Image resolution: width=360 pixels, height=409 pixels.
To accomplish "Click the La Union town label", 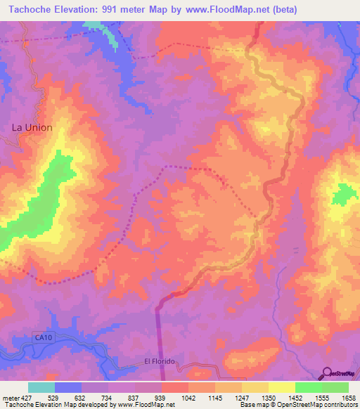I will pos(32,128).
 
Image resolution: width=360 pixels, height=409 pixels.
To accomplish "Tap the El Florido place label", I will pos(159,361).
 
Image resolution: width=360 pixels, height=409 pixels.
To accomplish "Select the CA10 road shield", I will pos(44,338).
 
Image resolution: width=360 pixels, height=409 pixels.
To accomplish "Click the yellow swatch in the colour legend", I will pos(282,387).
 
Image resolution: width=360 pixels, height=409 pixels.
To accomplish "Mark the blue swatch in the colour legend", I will pos(68,387).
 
